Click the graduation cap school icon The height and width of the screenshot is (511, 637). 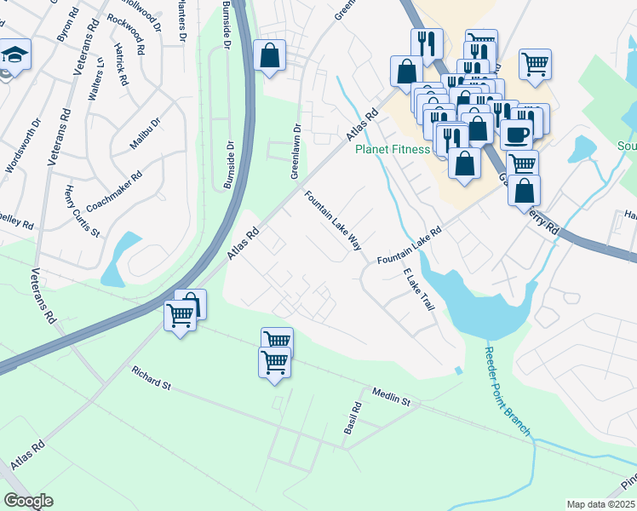[x=15, y=55]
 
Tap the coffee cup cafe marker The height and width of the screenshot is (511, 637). [x=517, y=134]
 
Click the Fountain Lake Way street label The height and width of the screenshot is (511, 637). [x=334, y=220]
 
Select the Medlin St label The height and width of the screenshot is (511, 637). [x=391, y=396]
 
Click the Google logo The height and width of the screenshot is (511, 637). [x=28, y=501]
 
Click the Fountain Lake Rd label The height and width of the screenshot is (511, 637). [x=410, y=245]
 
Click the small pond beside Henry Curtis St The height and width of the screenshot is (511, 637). [x=120, y=258]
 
